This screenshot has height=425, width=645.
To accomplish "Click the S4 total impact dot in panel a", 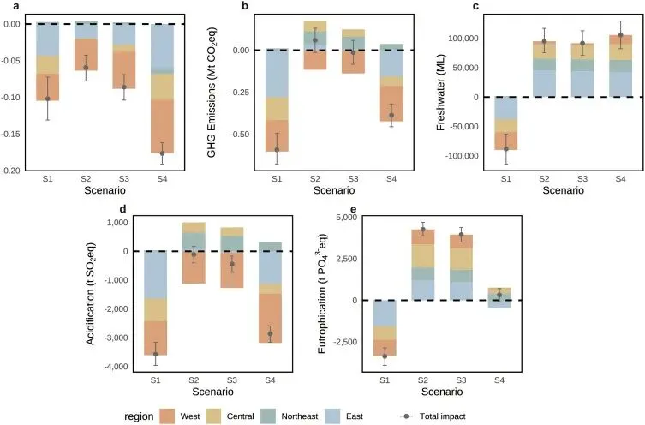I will (162, 153).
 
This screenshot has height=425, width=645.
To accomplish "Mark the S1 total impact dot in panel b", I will (277, 149).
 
